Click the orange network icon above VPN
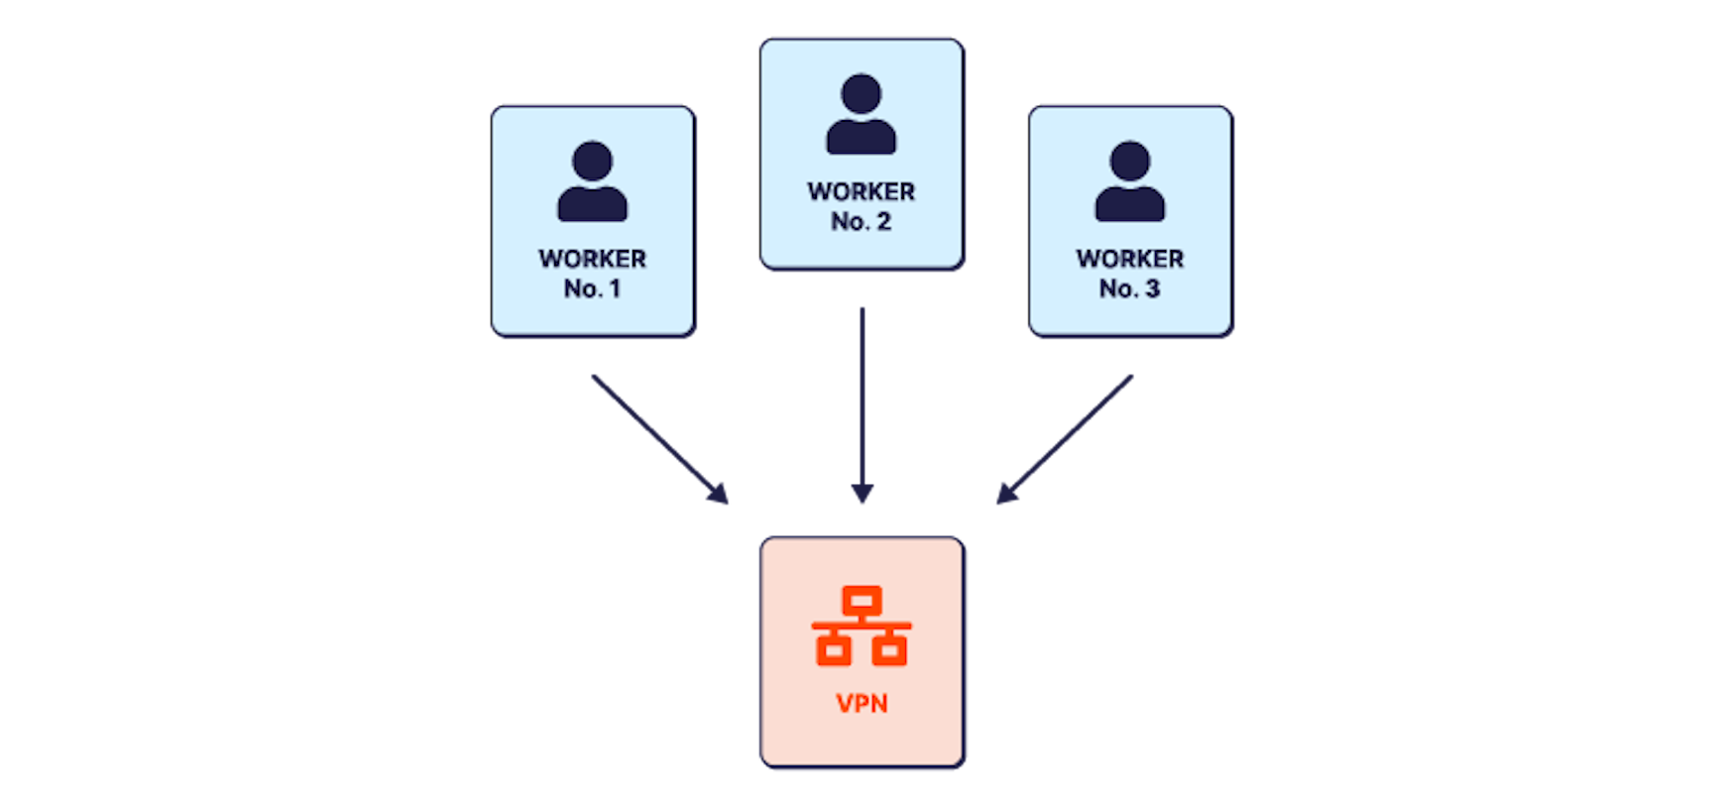click(x=862, y=627)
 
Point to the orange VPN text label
click(x=862, y=704)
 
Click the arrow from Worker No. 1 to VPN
click(x=658, y=438)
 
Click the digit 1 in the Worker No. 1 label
click(x=615, y=289)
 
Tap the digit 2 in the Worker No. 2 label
click(x=883, y=222)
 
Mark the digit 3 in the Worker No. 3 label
click(x=1152, y=289)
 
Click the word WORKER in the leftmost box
click(x=592, y=259)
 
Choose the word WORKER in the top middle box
click(x=861, y=191)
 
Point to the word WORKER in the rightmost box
click(x=1129, y=259)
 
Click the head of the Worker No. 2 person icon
click(x=861, y=93)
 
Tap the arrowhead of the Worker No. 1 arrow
click(x=718, y=494)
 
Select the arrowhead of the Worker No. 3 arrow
click(x=1007, y=494)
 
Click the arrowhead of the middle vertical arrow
click(x=862, y=493)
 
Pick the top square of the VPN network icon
click(x=862, y=600)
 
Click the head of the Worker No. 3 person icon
click(x=1129, y=161)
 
